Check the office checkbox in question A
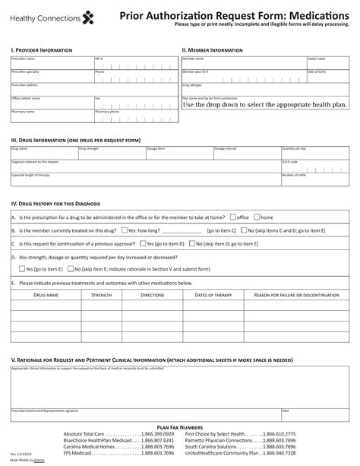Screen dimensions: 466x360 (x=233, y=217)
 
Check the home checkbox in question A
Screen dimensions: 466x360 (x=257, y=217)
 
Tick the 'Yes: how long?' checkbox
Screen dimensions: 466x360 (x=125, y=230)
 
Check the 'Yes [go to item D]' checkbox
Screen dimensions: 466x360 (x=145, y=244)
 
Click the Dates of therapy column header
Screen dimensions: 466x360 (x=213, y=294)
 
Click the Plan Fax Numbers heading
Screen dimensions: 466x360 (x=179, y=428)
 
